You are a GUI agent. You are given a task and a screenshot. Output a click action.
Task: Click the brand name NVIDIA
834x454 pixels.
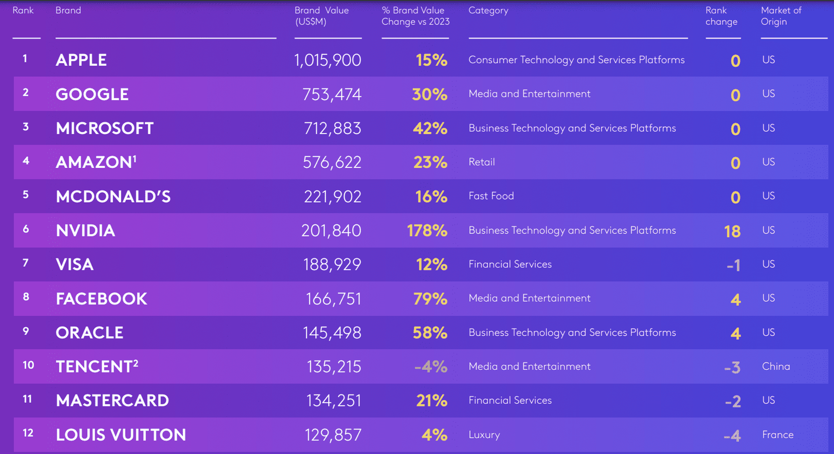click(85, 230)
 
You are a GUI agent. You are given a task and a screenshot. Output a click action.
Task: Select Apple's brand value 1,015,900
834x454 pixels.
click(327, 60)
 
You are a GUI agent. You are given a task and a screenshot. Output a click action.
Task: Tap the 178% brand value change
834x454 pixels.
click(427, 230)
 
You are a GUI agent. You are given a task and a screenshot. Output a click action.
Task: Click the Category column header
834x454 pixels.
click(488, 10)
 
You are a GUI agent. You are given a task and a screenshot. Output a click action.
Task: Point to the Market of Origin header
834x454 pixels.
click(781, 16)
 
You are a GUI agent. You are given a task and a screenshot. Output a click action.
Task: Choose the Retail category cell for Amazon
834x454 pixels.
click(482, 162)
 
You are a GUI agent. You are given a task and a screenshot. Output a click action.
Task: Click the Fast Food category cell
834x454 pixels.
click(491, 196)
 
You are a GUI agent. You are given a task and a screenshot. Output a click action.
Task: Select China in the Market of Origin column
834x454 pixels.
click(776, 366)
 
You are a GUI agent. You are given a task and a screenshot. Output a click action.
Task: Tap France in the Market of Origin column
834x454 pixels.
click(778, 435)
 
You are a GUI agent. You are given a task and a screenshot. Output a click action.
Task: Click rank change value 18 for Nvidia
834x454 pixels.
click(732, 231)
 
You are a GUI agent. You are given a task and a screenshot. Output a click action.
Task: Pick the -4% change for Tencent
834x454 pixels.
click(431, 367)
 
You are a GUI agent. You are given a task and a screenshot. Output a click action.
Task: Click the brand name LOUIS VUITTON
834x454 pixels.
click(121, 435)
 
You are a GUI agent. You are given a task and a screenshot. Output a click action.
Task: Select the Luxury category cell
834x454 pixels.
click(484, 435)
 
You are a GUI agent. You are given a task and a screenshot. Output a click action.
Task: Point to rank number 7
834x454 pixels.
click(25, 263)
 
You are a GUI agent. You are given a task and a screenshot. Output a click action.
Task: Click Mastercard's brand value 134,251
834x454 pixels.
click(334, 400)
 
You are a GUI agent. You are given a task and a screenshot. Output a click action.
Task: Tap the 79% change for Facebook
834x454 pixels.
click(430, 299)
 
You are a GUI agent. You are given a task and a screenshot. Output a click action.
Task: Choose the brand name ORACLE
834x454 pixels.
click(90, 333)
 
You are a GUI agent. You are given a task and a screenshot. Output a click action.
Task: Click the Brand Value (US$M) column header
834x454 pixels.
click(321, 16)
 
